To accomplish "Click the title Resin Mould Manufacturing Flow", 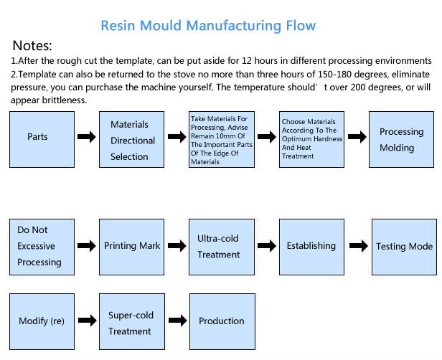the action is tap(208, 26).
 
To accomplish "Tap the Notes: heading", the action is tap(32, 45).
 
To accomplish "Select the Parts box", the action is tap(42, 139).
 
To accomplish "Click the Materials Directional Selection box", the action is tap(131, 139).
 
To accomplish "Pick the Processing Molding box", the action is tap(401, 139).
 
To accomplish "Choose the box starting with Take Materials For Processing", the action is tap(222, 139).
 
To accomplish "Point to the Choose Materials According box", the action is tap(311, 139).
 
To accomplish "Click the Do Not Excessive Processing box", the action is tap(42, 247).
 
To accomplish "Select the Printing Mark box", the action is tap(131, 247).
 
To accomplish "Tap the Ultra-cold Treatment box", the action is tap(222, 247).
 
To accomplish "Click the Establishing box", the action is tap(311, 247).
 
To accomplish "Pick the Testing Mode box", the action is tap(404, 247).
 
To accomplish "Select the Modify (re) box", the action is tap(42, 322).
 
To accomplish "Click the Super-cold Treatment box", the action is tap(132, 322).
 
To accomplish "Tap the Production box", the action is tap(222, 322).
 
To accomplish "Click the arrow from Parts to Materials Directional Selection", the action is tap(87, 137).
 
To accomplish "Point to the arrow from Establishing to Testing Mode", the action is tap(359, 246).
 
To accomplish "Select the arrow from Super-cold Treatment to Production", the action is tap(178, 321).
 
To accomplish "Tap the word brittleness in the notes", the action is tap(65, 100).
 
